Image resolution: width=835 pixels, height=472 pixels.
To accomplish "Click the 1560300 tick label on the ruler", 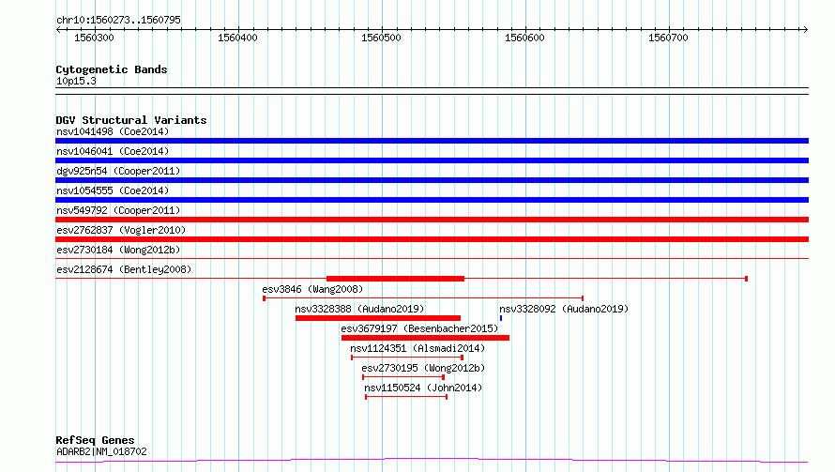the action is [x=94, y=38].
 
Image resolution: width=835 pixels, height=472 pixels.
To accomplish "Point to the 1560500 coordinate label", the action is [x=381, y=38].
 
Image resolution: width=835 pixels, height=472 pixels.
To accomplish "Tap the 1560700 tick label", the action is [x=668, y=38].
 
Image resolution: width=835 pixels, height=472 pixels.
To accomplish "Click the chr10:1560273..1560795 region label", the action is [x=119, y=21].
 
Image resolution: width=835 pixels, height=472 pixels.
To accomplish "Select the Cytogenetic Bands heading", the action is [x=112, y=69].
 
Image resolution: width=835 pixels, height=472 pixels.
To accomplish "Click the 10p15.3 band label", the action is [x=76, y=82].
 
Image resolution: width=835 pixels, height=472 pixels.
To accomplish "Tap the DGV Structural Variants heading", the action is [x=131, y=120].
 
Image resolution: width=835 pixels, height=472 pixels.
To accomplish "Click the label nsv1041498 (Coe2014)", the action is [x=113, y=131].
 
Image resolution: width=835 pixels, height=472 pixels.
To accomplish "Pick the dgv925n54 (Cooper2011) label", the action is [x=119, y=171].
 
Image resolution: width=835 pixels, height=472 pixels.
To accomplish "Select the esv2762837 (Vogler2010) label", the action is [x=121, y=230].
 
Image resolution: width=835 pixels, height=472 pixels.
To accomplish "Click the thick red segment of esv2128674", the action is [x=395, y=279].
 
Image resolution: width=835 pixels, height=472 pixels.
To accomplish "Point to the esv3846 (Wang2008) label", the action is [x=312, y=289].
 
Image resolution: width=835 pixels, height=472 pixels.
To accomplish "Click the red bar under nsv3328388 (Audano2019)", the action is [x=378, y=318].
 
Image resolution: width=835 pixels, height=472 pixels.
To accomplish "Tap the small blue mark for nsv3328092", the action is [x=501, y=318].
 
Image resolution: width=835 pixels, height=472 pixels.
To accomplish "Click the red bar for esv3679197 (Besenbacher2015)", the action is [x=426, y=338].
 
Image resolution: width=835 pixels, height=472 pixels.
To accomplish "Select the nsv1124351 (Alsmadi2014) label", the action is [x=418, y=348].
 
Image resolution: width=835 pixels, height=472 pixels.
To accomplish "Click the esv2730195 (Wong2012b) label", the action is [x=423, y=368].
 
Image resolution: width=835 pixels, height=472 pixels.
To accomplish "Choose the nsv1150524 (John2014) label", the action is [x=423, y=388].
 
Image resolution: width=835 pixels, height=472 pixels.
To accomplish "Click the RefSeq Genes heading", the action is [x=96, y=440].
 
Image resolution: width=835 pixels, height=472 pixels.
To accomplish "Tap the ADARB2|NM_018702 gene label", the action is [x=101, y=451].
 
